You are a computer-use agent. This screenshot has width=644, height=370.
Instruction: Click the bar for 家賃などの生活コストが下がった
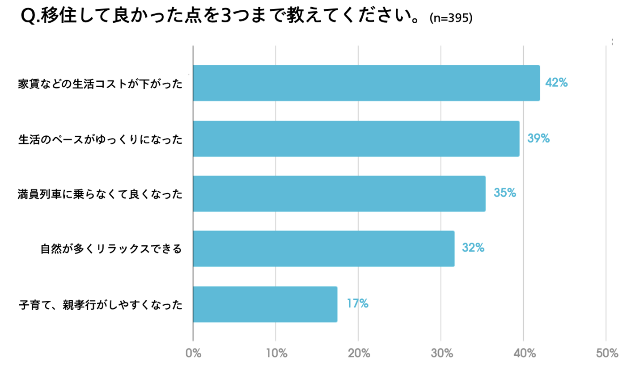point(366,83)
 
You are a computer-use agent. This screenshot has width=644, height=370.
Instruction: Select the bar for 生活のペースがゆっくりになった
point(356,139)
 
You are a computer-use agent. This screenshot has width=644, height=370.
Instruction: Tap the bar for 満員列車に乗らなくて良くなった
point(339,193)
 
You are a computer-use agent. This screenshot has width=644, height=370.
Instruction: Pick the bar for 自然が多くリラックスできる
point(324,248)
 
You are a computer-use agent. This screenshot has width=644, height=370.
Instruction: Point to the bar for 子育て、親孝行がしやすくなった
point(265,304)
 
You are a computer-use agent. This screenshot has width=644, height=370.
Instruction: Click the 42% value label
point(556,83)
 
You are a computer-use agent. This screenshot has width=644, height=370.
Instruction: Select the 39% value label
point(538,138)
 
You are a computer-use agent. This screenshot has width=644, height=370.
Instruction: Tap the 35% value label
point(505,193)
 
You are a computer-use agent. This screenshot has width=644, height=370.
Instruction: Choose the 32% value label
point(473,248)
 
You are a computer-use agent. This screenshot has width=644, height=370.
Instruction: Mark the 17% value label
point(357,303)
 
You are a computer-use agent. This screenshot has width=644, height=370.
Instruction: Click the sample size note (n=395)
point(450,18)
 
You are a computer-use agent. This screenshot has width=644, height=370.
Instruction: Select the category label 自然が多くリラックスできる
point(111,249)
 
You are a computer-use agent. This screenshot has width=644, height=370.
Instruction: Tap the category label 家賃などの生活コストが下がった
point(101,84)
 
